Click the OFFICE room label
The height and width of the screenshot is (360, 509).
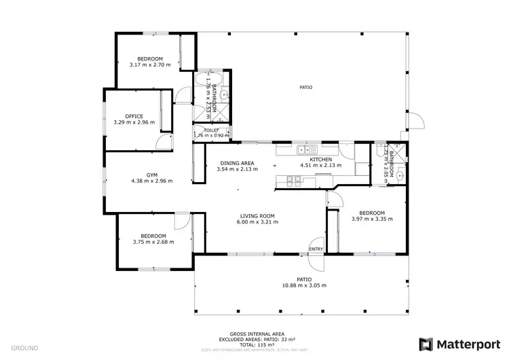[x=134, y=116]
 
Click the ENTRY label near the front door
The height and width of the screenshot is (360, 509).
[x=316, y=249]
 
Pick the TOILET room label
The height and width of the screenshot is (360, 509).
[x=211, y=129]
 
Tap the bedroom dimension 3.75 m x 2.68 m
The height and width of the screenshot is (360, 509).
[x=153, y=241]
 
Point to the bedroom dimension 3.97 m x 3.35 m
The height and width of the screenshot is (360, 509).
[x=372, y=219]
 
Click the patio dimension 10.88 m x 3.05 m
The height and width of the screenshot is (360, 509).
[x=303, y=285]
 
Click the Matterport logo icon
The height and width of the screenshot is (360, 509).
[x=426, y=344]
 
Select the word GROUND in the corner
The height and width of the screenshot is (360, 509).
[x=24, y=348]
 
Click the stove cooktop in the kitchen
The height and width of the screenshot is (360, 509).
[x=293, y=180]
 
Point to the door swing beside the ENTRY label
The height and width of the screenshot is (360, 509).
[x=316, y=243]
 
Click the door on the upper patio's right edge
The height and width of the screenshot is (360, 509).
[x=417, y=122]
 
